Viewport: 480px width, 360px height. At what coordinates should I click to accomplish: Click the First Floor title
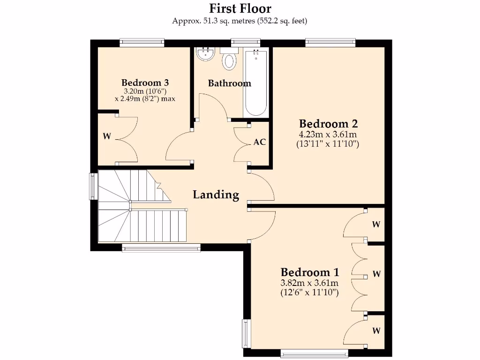pyautogui.click(x=240, y=8)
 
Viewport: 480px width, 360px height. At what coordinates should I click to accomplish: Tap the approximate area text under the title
pyautogui.click(x=240, y=21)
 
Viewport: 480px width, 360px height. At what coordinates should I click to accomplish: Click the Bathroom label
pyautogui.click(x=230, y=83)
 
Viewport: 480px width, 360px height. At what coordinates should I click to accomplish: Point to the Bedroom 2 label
pyautogui.click(x=328, y=124)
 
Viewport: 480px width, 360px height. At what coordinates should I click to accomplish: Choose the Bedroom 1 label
pyautogui.click(x=309, y=272)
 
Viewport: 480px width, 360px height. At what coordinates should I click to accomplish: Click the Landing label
pyautogui.click(x=216, y=195)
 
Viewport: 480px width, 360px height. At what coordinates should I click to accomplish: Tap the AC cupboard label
pyautogui.click(x=260, y=142)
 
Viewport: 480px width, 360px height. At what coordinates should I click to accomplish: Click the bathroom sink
pyautogui.click(x=205, y=54)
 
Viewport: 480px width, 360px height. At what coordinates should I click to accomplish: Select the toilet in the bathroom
pyautogui.click(x=229, y=60)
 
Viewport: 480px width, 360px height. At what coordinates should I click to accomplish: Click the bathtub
pyautogui.click(x=256, y=83)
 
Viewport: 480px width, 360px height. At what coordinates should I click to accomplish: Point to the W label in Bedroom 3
pyautogui.click(x=107, y=137)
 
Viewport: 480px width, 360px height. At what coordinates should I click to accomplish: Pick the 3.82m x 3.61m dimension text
pyautogui.click(x=309, y=283)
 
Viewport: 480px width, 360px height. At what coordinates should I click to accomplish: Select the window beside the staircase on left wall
pyautogui.click(x=94, y=187)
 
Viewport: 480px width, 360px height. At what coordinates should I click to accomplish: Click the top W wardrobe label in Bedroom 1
pyautogui.click(x=376, y=225)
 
